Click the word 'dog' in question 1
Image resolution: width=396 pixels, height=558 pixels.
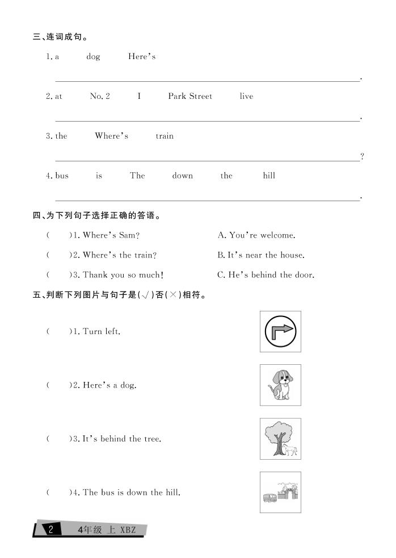tap(93, 57)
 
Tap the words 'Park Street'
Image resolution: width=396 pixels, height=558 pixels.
tap(190, 97)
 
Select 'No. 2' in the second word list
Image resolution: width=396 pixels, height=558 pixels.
tap(100, 97)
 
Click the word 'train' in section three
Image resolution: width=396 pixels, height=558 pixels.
tap(165, 136)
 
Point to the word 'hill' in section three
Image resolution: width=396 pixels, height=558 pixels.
tap(269, 176)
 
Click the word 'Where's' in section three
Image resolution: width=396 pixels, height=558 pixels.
tap(112, 136)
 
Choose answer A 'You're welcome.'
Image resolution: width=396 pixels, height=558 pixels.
tap(256, 235)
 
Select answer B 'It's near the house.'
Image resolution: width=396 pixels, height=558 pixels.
tap(261, 255)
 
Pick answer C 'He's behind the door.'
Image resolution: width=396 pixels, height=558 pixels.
tap(266, 275)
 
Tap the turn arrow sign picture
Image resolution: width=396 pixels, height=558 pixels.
tap(280, 331)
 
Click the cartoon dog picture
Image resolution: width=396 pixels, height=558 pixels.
tap(280, 385)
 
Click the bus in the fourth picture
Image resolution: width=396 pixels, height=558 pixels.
tap(270, 498)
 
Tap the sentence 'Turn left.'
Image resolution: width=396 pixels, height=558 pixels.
tap(102, 331)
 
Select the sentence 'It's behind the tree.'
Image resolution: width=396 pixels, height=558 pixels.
tap(122, 439)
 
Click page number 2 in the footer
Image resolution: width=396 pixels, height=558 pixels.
tap(51, 530)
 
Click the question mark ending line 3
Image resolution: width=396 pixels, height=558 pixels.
tap(362, 157)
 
